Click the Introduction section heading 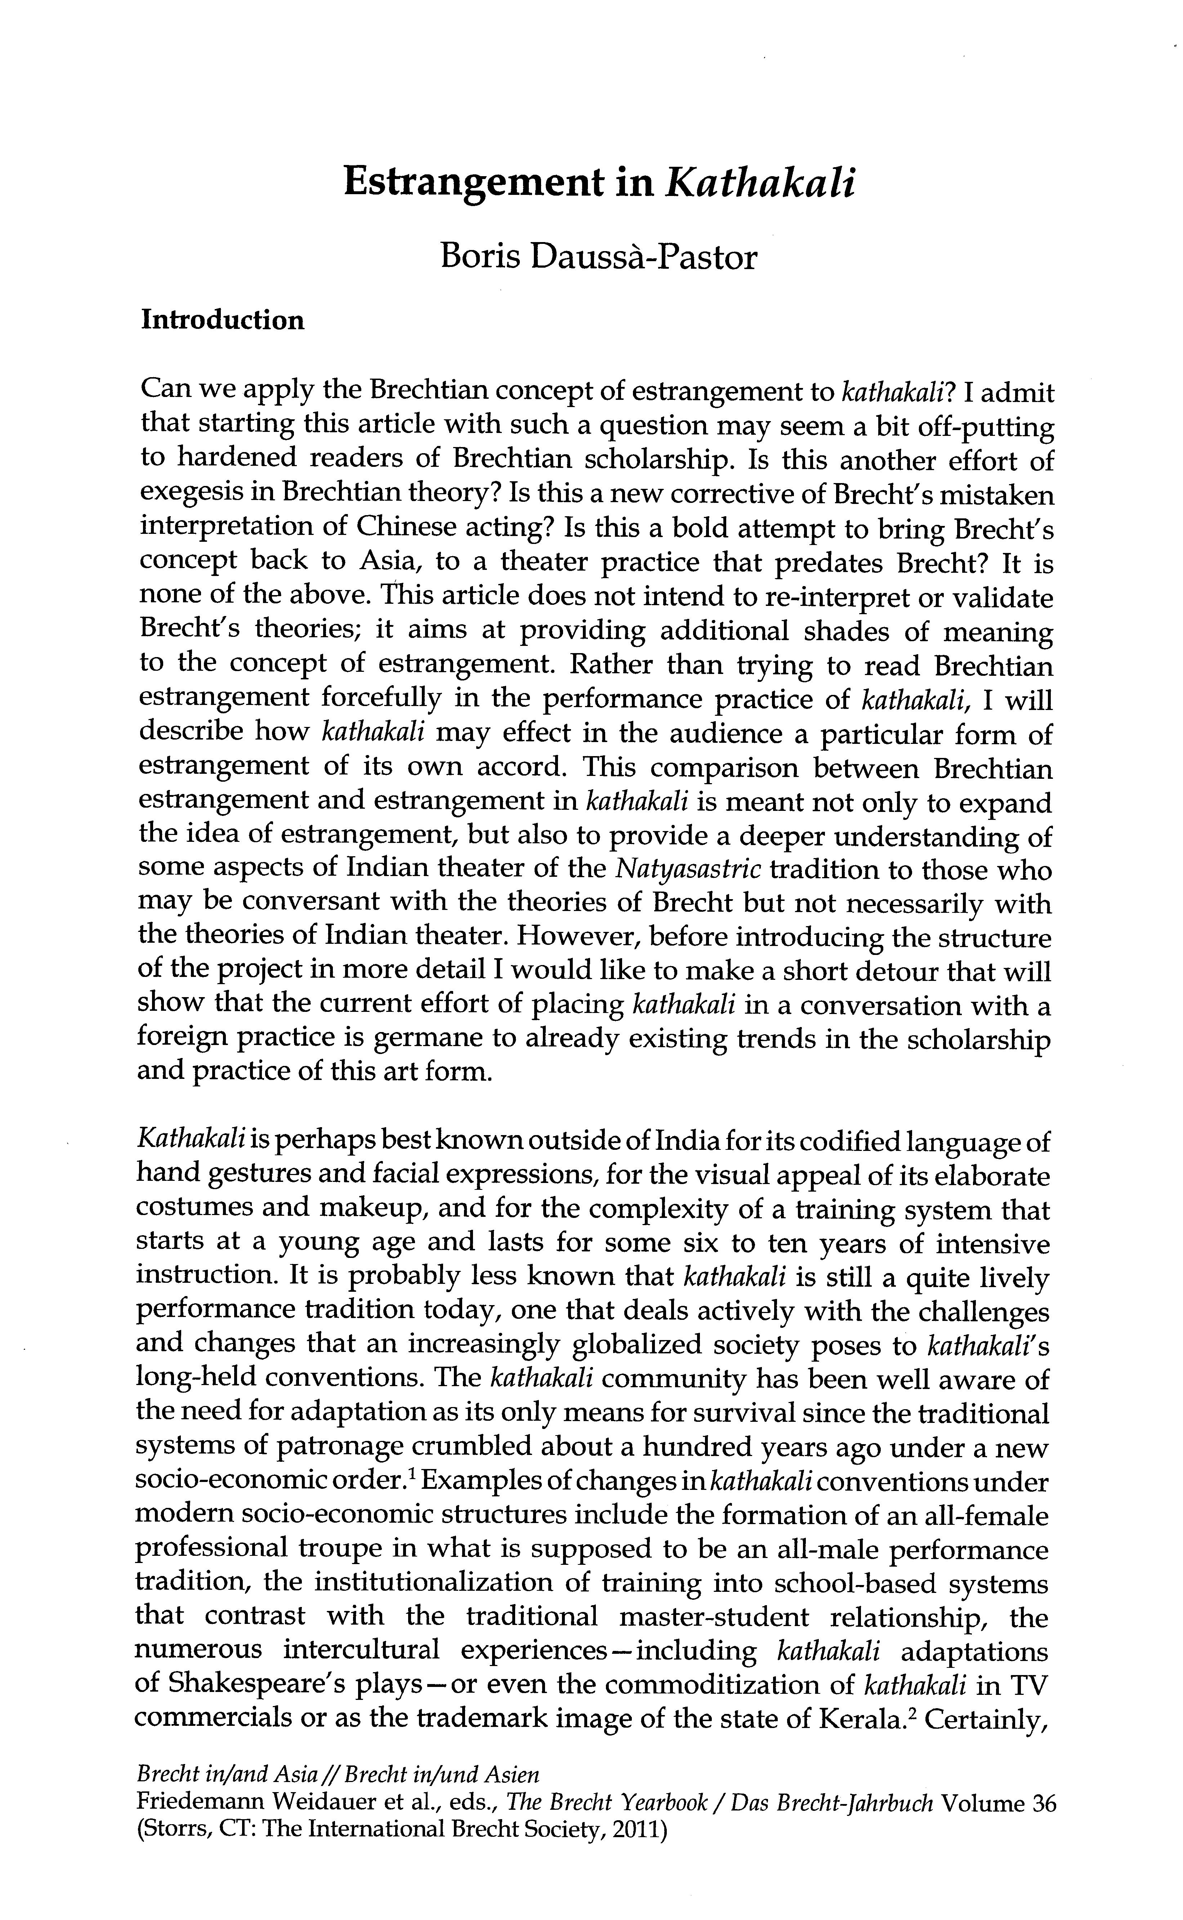[222, 321]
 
